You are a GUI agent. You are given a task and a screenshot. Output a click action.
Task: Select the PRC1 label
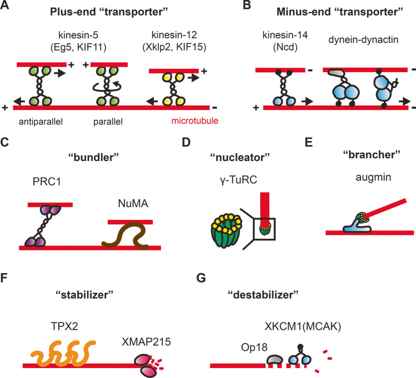(x=42, y=181)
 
